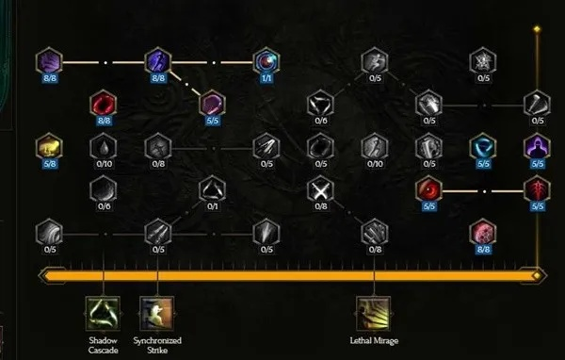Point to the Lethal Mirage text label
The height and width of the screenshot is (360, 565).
[x=374, y=339]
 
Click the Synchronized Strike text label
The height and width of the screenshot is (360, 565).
[x=157, y=345]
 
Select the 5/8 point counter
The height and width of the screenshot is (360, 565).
[x=48, y=163]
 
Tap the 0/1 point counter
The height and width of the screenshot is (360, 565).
[x=212, y=207]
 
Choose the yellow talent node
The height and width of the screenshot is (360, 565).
[x=48, y=146]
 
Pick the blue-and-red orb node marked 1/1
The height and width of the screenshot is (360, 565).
[x=266, y=62]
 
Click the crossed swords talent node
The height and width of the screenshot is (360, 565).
[x=320, y=189]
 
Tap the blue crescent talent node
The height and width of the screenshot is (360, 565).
[x=483, y=146]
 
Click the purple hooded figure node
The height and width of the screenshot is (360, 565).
[x=537, y=146]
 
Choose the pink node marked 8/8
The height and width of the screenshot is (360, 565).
[x=483, y=230]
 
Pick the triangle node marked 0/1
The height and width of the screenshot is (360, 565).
[x=212, y=189]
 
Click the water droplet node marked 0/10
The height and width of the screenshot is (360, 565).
[x=103, y=146]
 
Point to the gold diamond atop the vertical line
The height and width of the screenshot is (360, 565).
[x=537, y=29]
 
